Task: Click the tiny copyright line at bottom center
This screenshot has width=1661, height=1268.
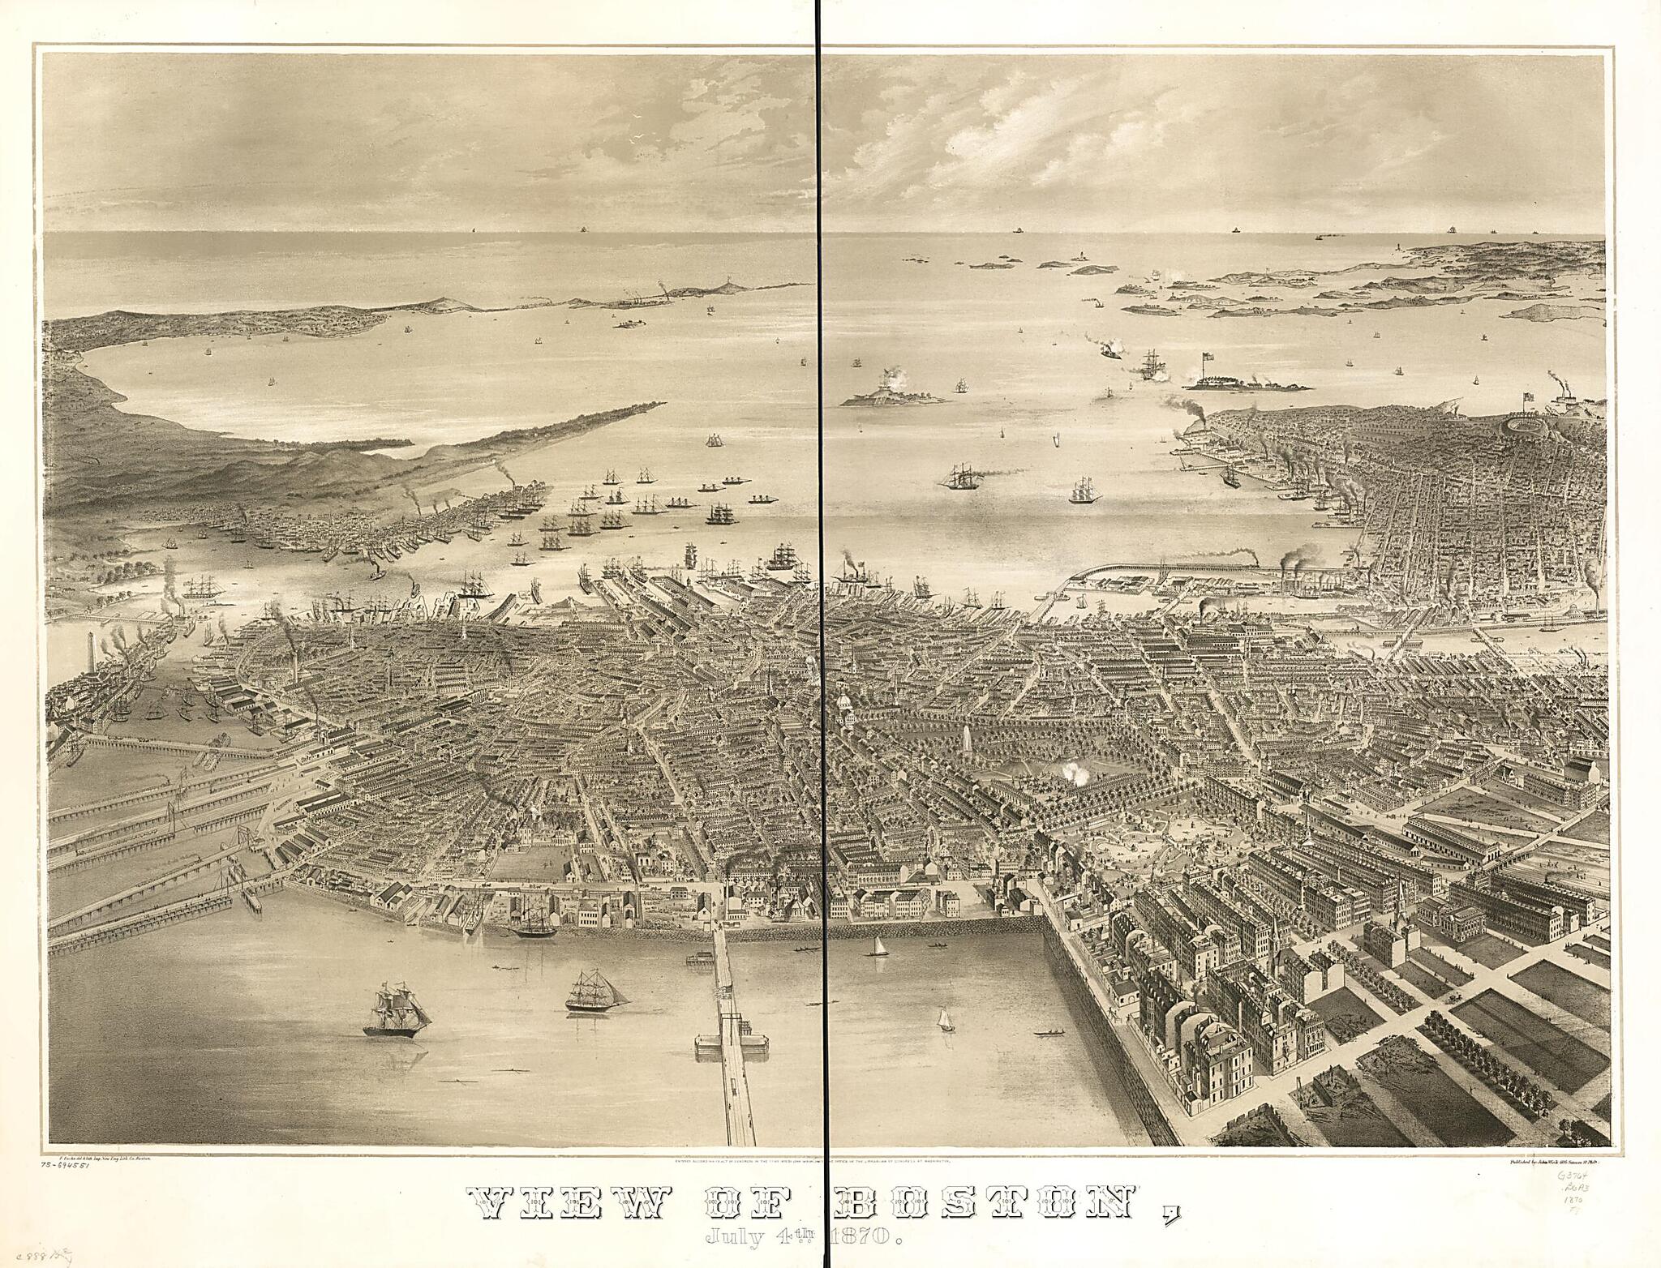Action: tap(819, 1161)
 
